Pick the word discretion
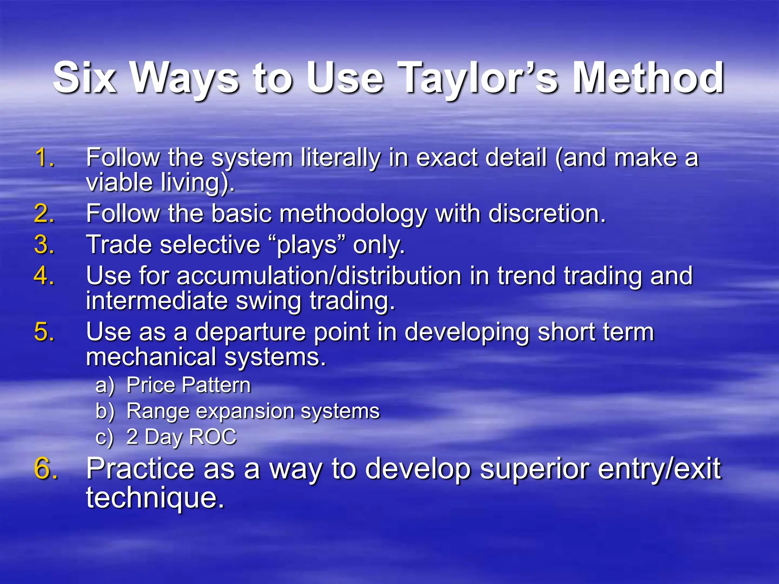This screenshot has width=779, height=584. pyautogui.click(x=547, y=213)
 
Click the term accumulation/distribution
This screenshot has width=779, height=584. pyautogui.click(x=319, y=276)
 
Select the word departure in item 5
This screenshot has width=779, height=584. pyautogui.click(x=250, y=332)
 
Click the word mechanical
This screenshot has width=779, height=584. pyautogui.click(x=151, y=357)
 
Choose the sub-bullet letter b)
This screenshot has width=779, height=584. pyautogui.click(x=105, y=411)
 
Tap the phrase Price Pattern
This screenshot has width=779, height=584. pyautogui.click(x=189, y=385)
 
